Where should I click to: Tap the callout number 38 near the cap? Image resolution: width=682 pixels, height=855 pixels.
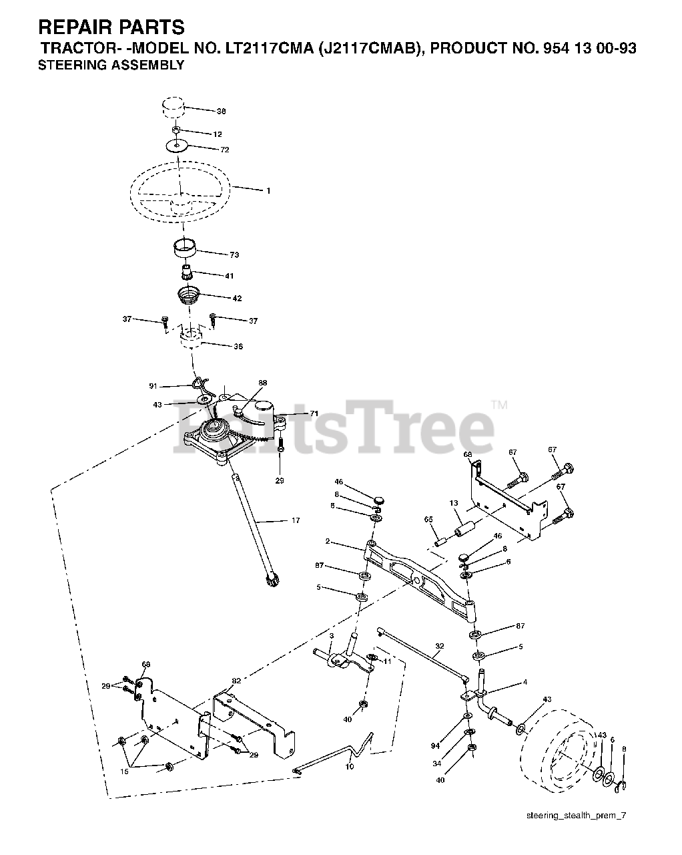(x=221, y=111)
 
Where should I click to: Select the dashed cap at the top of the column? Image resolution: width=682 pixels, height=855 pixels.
(x=173, y=106)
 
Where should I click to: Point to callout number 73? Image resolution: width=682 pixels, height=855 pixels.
(x=234, y=254)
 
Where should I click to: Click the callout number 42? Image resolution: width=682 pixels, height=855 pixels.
(x=236, y=298)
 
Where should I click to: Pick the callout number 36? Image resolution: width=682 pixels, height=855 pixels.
(x=238, y=346)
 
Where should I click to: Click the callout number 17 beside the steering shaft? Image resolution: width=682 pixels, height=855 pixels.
(x=295, y=520)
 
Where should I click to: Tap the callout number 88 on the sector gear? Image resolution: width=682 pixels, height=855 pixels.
(x=262, y=383)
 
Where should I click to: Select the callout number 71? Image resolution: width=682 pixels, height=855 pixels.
(x=314, y=414)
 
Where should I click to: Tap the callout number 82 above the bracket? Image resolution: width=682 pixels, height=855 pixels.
(x=236, y=680)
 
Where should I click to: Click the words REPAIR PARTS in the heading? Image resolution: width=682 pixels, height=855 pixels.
(x=111, y=27)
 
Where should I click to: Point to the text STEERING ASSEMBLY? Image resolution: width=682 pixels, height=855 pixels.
(x=111, y=65)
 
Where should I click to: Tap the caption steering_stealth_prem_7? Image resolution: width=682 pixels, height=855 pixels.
(x=577, y=816)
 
